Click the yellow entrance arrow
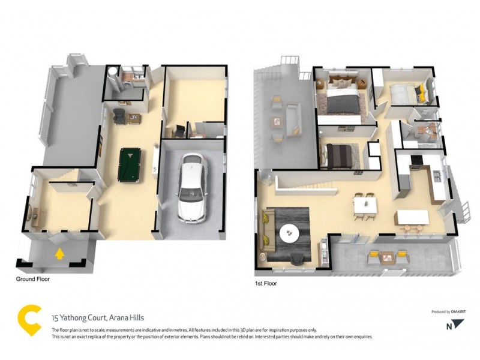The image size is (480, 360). click(x=59, y=254)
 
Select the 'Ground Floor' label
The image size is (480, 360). click(x=33, y=279)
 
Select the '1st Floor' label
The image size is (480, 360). click(x=266, y=283)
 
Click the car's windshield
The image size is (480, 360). click(x=191, y=194)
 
